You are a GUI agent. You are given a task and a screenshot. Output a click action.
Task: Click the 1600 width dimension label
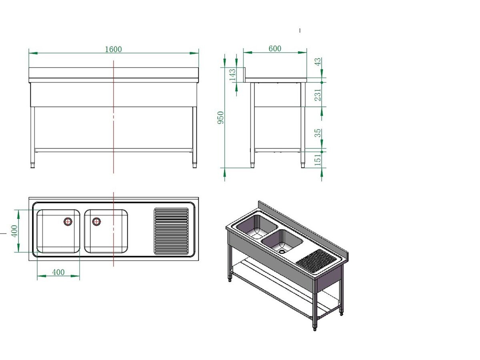point(113,49)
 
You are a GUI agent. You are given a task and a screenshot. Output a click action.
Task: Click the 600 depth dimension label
point(275,48)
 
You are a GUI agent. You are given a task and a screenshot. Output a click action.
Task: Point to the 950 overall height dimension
point(221,118)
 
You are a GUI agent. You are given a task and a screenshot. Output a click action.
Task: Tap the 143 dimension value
point(232,75)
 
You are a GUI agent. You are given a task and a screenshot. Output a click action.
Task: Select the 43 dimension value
point(318,62)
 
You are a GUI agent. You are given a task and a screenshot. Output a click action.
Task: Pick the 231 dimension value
point(318,95)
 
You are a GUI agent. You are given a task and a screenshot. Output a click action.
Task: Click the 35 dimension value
point(318,133)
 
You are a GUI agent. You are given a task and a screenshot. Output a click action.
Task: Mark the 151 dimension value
point(318,159)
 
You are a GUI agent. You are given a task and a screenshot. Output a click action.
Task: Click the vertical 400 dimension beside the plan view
point(14,231)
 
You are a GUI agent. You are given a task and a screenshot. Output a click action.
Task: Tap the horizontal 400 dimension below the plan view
point(58,272)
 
